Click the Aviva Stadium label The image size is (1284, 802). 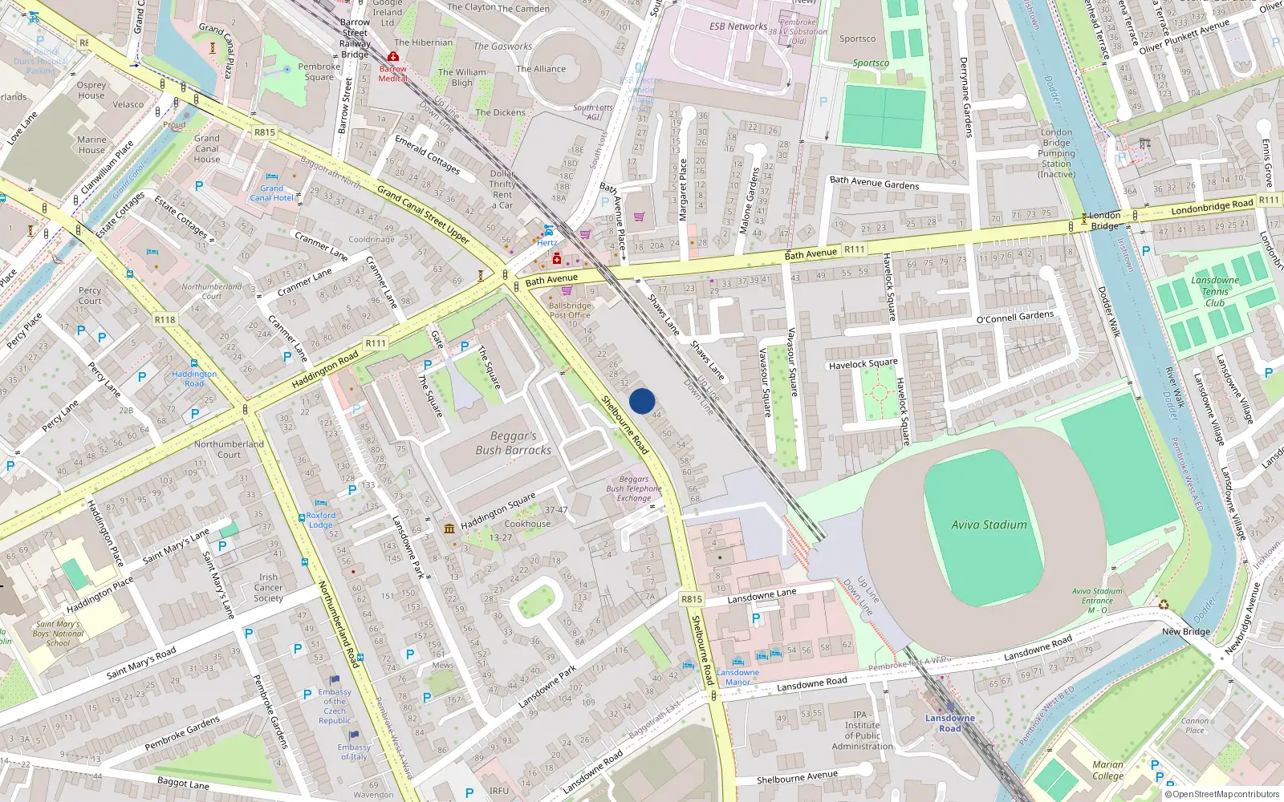pos(989,525)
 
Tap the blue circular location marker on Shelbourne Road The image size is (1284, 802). pos(642,401)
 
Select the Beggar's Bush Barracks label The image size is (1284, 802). pos(513,443)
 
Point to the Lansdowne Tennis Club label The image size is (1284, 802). pos(1214,291)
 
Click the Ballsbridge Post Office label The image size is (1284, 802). pos(570,310)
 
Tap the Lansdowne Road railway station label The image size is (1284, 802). pos(949,723)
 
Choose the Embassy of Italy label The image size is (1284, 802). pos(353,751)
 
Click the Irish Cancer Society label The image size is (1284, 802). pos(268,587)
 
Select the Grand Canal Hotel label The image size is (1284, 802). pos(271,192)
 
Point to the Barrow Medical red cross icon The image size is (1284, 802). pos(393,57)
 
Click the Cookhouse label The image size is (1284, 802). pos(527,524)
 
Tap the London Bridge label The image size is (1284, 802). pos(1104,220)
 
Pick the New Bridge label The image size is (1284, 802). pos(1185,631)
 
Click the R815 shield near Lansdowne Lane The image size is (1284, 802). pos(691,599)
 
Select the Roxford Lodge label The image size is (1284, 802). pos(320,520)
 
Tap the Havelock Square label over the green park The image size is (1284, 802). pos(863,364)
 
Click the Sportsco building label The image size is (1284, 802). pos(857,38)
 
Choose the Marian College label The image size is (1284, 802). pos(1107,770)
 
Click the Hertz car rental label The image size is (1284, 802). pos(547,242)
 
